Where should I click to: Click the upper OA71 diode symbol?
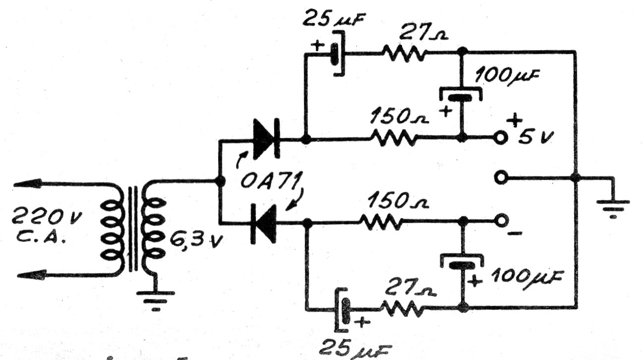click(x=267, y=139)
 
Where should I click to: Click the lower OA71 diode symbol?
click(x=264, y=224)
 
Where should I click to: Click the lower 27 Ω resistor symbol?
click(x=403, y=308)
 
